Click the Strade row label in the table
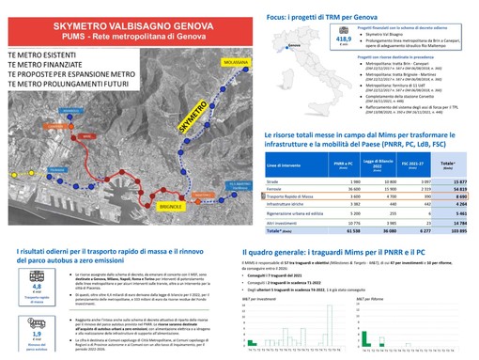pos(273,180)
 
